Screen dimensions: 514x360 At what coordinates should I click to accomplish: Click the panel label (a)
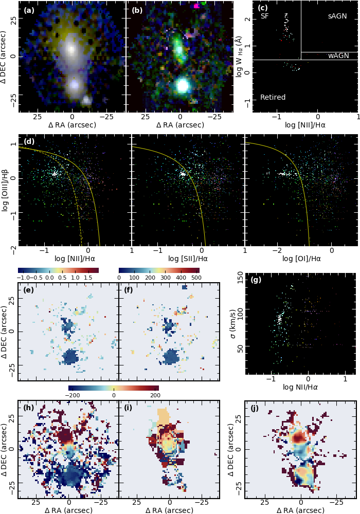[x=29, y=10]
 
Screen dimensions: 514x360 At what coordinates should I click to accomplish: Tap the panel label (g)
[x=256, y=280]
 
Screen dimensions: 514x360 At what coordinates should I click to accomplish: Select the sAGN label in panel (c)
[x=337, y=16]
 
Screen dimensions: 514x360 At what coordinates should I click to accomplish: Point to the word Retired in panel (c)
[x=273, y=97]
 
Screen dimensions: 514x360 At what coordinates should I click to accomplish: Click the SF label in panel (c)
[x=264, y=16]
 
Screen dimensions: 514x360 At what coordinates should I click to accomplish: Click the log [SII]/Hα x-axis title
[x=188, y=259]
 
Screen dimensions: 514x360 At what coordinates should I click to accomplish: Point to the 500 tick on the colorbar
[x=195, y=278]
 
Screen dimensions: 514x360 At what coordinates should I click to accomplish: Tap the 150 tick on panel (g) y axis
[x=240, y=280]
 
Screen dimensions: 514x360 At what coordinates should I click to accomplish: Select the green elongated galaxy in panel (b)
[x=179, y=49]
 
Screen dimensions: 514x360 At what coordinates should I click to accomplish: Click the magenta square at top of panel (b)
[x=196, y=6]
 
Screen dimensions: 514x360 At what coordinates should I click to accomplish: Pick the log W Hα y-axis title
[x=240, y=57]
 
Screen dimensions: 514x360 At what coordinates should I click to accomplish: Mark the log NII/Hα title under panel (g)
[x=300, y=387]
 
